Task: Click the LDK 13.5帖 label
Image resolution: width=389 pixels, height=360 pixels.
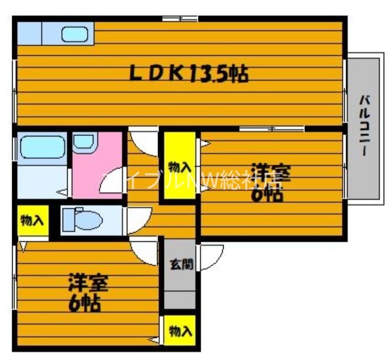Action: point(189,74)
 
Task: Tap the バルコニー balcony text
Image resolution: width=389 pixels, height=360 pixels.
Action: point(364,127)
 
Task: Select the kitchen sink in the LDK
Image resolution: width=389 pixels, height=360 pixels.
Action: point(74,35)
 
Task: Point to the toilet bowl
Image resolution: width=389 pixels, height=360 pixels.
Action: point(88,220)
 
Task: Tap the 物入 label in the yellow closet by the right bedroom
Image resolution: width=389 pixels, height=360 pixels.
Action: point(179,167)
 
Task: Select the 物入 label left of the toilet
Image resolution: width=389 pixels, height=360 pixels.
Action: point(32,221)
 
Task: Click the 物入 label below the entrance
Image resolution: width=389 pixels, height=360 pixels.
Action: point(180,331)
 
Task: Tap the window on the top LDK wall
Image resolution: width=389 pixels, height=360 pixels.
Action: point(180,19)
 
